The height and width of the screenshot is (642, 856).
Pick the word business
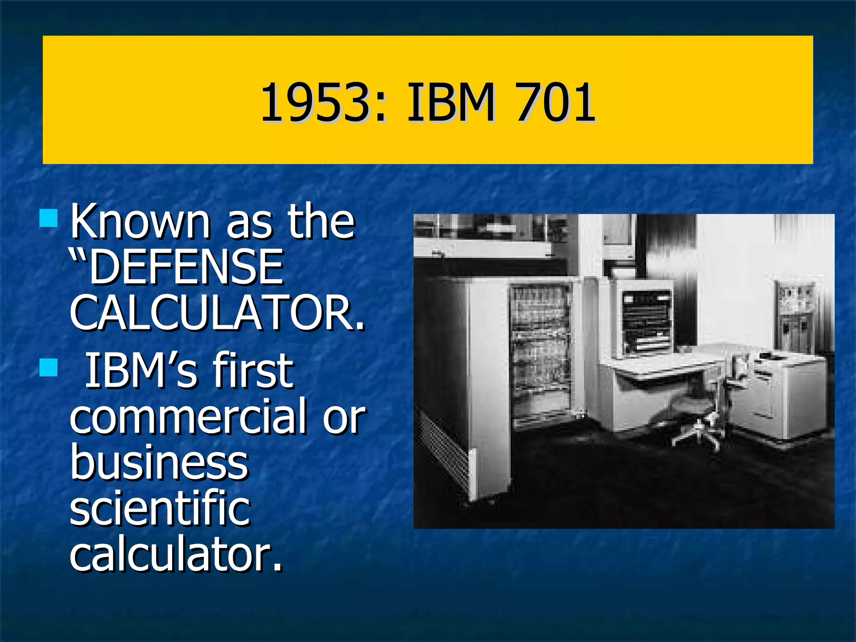pos(159,462)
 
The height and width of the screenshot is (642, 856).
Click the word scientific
pos(160,508)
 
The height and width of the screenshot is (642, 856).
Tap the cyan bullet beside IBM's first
pos(48,368)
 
